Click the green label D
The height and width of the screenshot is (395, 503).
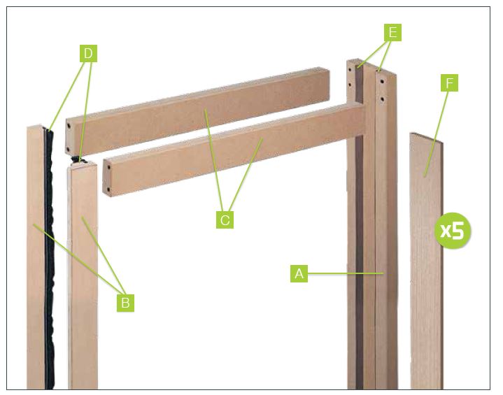88,54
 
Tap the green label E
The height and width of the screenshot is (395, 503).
392,32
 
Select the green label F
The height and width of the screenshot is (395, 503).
449,83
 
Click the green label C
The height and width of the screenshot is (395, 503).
225,220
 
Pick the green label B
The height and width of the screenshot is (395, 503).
125,303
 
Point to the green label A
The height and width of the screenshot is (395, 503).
299,273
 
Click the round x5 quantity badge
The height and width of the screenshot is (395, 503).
453,230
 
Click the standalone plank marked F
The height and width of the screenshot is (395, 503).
426,261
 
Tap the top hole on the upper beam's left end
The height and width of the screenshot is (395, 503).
69,127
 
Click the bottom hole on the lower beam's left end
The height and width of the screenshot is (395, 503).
108,189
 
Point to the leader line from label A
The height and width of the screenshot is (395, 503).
346,273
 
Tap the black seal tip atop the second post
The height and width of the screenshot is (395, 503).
80,159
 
